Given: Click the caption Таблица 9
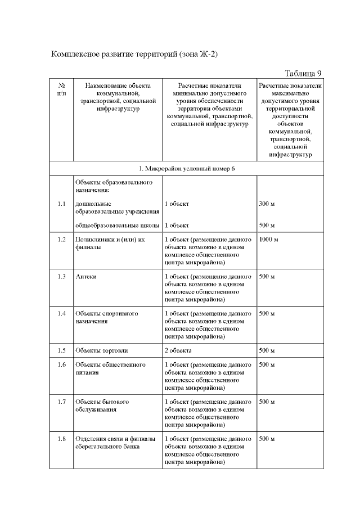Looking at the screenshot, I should point(303,73).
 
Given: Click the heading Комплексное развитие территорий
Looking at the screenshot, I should point(134,54).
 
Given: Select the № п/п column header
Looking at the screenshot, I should point(61,89).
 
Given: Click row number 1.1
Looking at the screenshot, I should point(61,204).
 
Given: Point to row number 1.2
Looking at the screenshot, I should point(61,240).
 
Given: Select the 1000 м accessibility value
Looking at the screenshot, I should point(269,240).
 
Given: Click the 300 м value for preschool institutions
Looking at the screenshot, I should point(266,204).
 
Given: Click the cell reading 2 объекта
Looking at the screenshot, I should point(178,350).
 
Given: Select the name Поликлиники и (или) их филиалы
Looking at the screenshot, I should point(110,244).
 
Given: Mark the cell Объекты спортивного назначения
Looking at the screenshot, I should point(107,317).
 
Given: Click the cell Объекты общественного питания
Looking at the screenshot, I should point(110,368).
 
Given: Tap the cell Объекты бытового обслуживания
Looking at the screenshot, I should point(102,406).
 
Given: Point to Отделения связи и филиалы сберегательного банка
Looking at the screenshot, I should point(114,442).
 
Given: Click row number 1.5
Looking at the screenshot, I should point(61,350).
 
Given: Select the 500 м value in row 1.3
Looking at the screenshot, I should point(266,277).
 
